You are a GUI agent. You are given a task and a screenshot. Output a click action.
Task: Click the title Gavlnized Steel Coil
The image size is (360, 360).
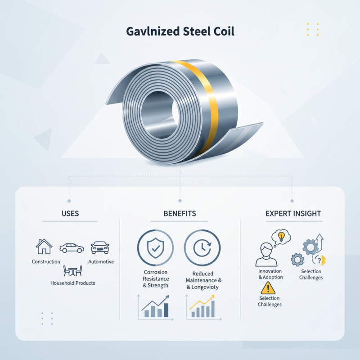(x=180, y=32)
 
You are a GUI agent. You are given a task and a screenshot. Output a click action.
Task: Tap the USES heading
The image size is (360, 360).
(x=70, y=213)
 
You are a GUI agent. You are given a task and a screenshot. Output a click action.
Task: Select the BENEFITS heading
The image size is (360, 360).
(x=180, y=213)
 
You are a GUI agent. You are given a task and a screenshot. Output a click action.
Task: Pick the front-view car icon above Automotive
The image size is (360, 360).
(x=100, y=247)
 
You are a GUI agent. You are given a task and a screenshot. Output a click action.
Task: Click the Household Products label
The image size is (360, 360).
(x=72, y=283)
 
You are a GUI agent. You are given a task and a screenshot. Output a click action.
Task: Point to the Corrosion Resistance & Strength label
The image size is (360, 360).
(x=156, y=279)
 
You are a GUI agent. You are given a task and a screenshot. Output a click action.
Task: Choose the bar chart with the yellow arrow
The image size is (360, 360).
(x=201, y=307)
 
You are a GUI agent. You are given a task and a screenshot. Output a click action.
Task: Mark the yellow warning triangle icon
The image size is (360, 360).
(x=269, y=288)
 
